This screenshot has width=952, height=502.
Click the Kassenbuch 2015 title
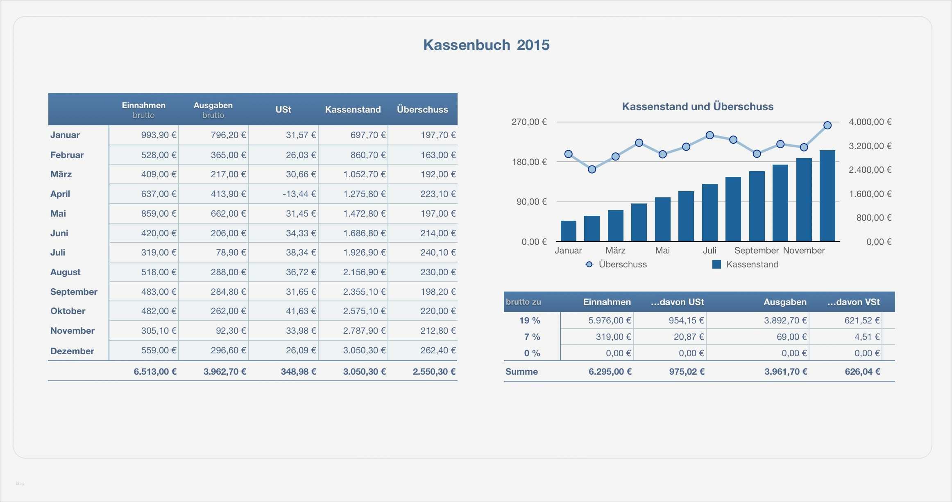click(486, 45)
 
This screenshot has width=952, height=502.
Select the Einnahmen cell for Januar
click(159, 135)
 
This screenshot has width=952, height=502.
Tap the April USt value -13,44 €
click(299, 194)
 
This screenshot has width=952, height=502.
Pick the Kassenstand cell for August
click(364, 272)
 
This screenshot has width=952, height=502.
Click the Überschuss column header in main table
click(422, 110)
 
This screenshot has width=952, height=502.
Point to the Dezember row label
click(72, 351)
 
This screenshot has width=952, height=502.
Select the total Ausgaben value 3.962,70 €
click(224, 372)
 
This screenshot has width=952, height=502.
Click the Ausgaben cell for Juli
click(231, 253)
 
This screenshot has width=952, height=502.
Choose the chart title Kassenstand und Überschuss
click(698, 107)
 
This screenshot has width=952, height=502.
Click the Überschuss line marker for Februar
click(592, 169)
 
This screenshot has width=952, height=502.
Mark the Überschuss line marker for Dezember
click(827, 125)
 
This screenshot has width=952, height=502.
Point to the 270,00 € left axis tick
click(529, 122)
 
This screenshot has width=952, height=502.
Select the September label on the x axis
click(756, 251)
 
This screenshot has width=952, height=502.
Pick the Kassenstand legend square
click(716, 265)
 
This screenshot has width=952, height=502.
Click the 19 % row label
click(530, 321)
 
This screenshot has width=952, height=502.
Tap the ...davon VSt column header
click(853, 302)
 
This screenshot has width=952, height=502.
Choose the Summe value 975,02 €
click(687, 372)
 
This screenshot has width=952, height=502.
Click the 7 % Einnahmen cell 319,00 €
click(613, 337)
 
